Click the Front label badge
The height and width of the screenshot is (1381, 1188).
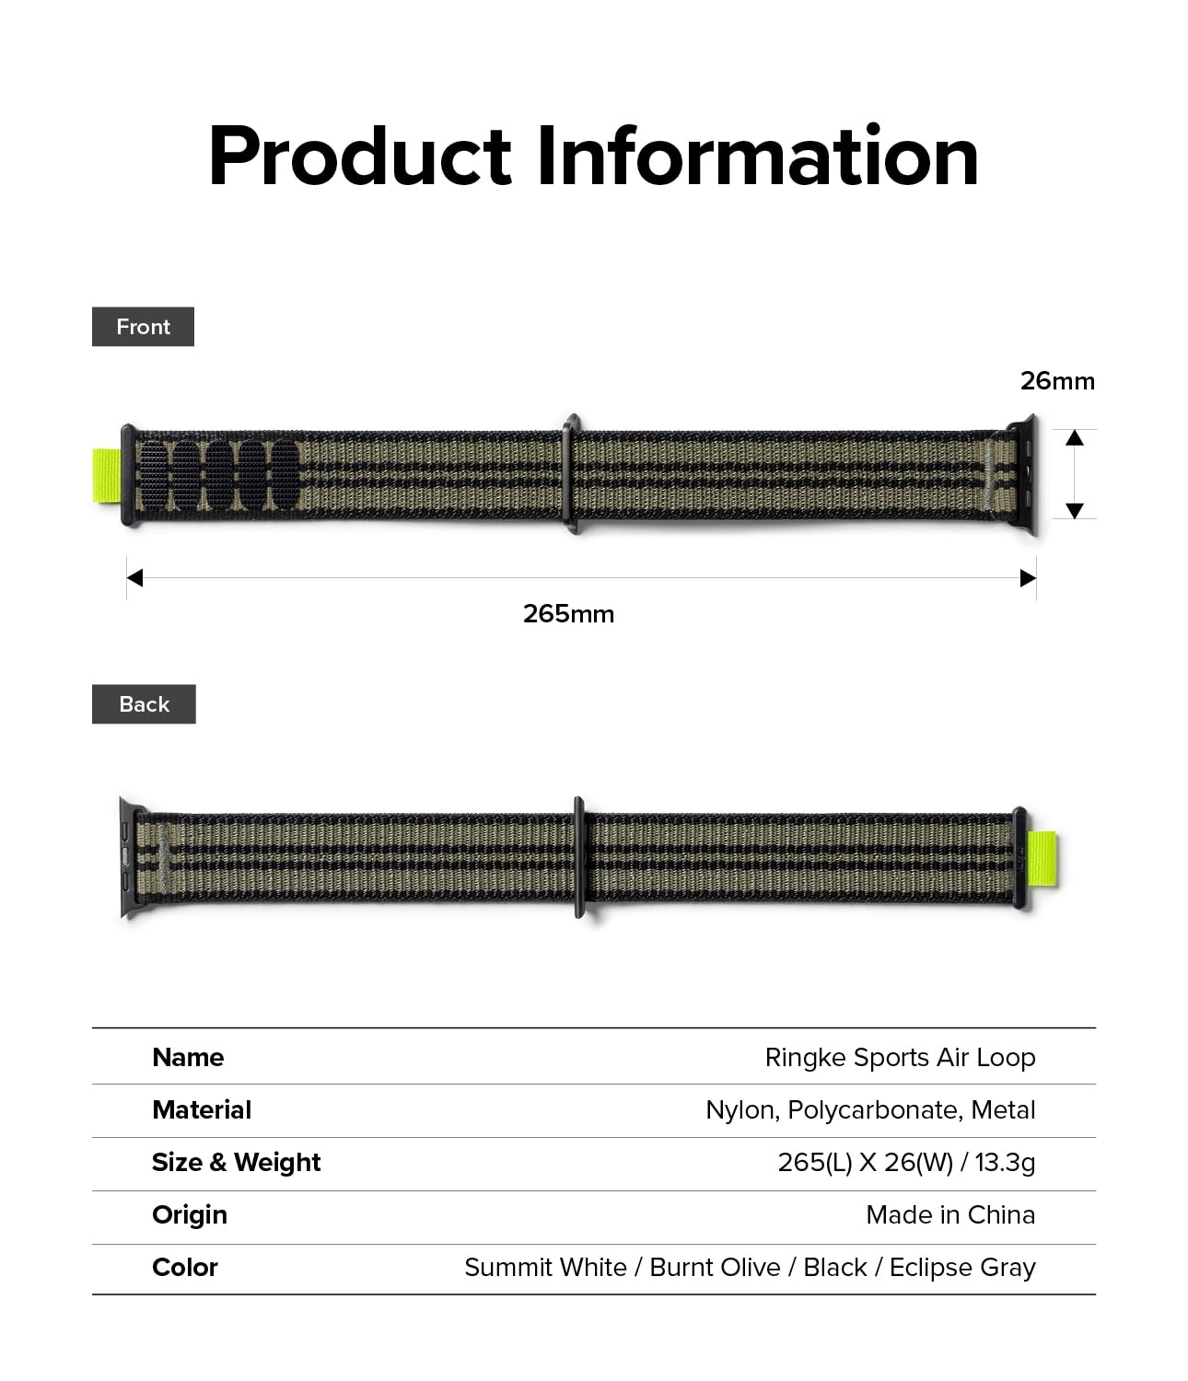(143, 327)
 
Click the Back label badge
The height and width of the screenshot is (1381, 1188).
(144, 704)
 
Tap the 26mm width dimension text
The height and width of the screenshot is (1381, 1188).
(1057, 381)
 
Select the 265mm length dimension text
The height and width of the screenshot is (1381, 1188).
(568, 614)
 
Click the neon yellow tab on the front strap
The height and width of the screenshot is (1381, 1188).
(106, 476)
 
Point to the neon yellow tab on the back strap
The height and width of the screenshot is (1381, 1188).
(1042, 859)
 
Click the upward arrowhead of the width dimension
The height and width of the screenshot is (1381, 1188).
(1075, 438)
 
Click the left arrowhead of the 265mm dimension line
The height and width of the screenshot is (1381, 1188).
(135, 578)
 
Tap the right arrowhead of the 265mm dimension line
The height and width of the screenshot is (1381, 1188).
(1029, 578)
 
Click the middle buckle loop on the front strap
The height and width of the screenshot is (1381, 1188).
(572, 474)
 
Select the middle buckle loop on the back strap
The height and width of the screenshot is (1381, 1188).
(579, 857)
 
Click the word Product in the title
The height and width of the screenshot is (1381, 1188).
(359, 157)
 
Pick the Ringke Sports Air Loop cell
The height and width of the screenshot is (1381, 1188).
(900, 1058)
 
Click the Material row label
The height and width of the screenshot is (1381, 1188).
(202, 1109)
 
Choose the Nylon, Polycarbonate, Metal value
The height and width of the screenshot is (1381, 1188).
(870, 1110)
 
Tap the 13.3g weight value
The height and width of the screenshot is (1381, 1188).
(1005, 1163)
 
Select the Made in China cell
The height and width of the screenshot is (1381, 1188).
(950, 1214)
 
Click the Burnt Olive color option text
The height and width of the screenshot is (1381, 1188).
(715, 1268)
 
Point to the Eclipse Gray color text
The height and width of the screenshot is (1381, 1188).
(962, 1268)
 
